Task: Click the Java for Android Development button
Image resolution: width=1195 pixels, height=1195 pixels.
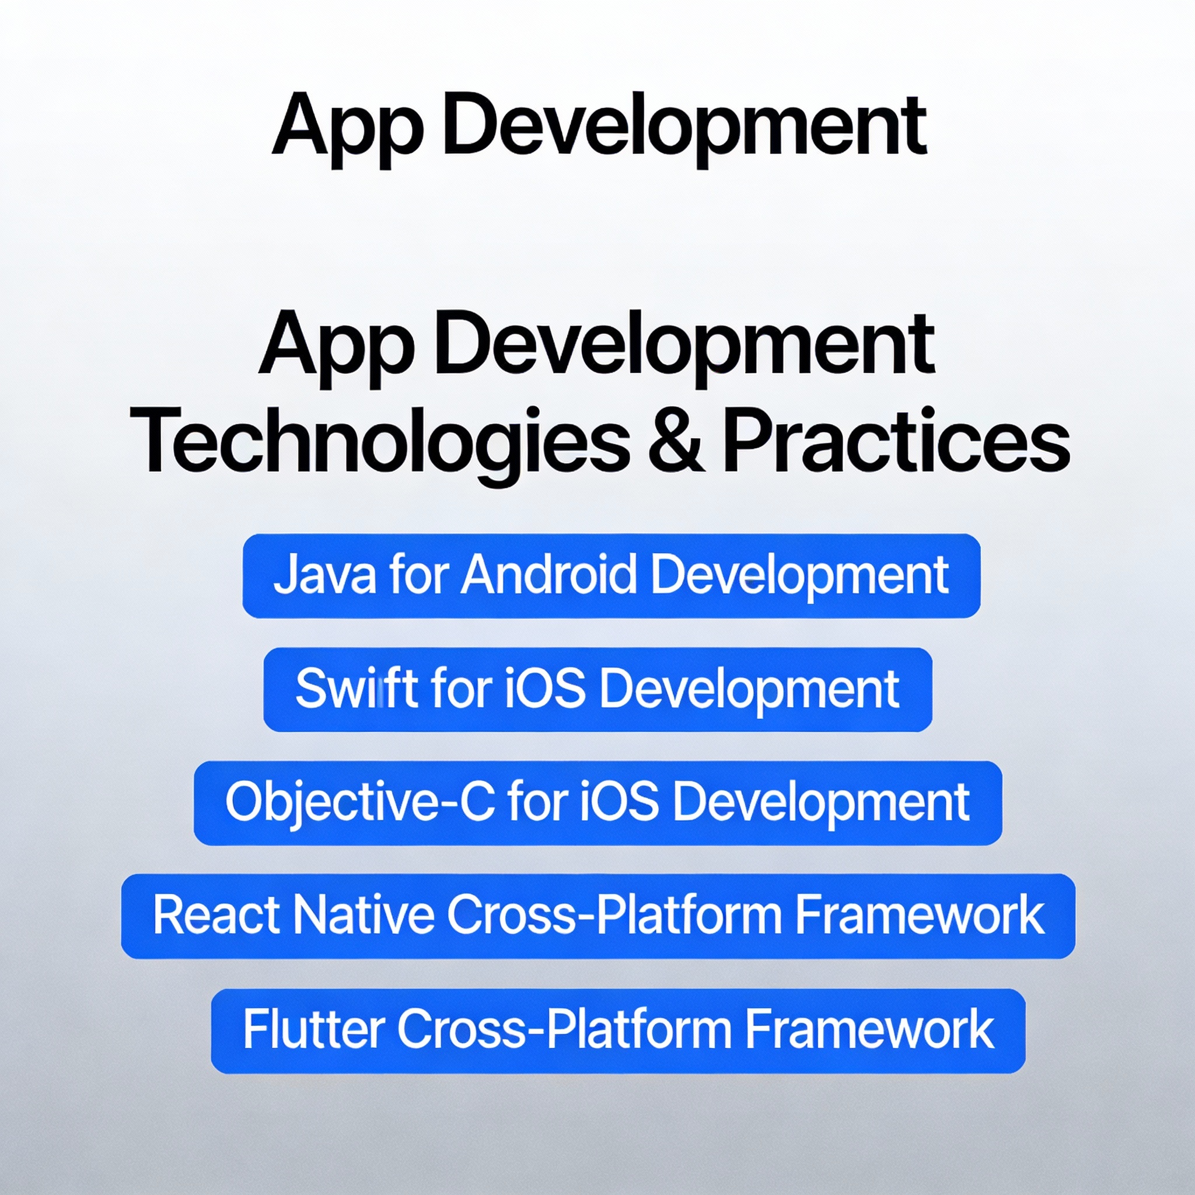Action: (611, 576)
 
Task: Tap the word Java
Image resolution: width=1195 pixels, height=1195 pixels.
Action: (324, 575)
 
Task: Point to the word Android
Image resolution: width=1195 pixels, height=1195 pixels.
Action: (548, 575)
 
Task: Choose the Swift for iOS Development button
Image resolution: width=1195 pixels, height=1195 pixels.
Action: (597, 690)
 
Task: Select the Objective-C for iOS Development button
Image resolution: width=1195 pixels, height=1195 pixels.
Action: (597, 803)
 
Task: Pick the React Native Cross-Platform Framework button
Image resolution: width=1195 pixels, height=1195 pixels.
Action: (598, 916)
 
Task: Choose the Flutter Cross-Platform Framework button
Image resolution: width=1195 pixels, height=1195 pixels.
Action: (618, 1030)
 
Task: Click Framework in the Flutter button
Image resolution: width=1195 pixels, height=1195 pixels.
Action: (869, 1029)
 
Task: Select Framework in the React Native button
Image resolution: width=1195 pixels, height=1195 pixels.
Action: (920, 915)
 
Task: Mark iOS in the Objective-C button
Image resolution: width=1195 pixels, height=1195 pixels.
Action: (619, 802)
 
